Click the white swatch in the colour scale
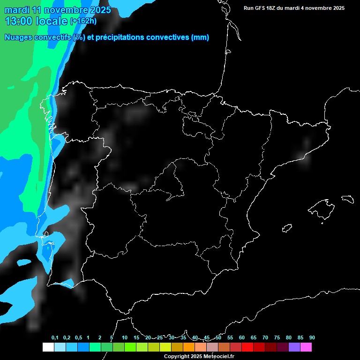click(48, 347)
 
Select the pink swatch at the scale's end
click(306, 347)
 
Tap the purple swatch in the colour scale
click(294, 347)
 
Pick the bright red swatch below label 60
click(247, 347)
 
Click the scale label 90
click(312, 337)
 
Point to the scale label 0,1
click(55, 337)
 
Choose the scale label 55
click(230, 337)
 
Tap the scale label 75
click(277, 337)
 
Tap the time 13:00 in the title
click(19, 21)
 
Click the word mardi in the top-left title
click(17, 10)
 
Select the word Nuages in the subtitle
click(18, 37)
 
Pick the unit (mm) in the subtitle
click(200, 37)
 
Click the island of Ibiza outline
click(287, 228)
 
